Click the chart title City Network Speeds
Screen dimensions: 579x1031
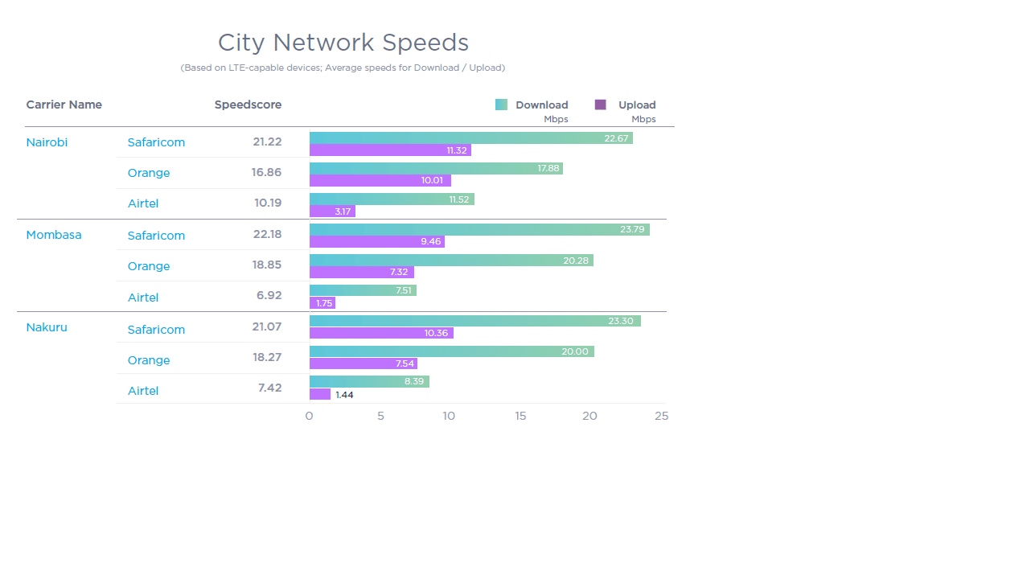tap(343, 43)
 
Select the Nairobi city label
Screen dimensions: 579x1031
tap(47, 142)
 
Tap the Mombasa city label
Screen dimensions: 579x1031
tap(53, 235)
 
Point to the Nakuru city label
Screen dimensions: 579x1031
tap(47, 327)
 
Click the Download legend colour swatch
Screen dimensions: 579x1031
tap(501, 105)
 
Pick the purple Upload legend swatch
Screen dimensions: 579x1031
tap(600, 105)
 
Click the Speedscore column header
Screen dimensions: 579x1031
tap(248, 105)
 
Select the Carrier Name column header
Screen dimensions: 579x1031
tap(64, 105)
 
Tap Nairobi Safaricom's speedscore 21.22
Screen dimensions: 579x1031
tap(267, 142)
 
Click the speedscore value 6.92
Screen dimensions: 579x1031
tap(269, 295)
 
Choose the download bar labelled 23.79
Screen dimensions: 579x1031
tap(479, 229)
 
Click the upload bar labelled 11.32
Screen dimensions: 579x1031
tap(390, 150)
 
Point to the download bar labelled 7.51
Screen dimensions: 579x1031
tap(363, 290)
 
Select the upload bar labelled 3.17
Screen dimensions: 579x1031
tap(332, 211)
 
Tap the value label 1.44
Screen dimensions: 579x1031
tap(344, 395)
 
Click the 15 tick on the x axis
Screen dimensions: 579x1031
tap(520, 416)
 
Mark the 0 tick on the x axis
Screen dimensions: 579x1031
tap(309, 416)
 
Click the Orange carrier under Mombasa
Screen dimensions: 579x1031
tap(149, 266)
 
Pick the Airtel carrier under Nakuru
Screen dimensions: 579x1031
tap(143, 391)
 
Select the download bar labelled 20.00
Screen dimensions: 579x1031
tap(451, 351)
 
